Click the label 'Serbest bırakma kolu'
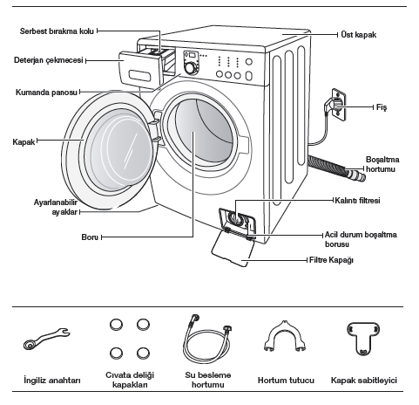click(57, 31)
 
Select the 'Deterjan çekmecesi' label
click(49, 60)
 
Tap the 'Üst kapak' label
click(359, 35)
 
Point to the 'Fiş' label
click(382, 107)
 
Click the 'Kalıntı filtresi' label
click(357, 201)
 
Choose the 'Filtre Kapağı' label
click(331, 260)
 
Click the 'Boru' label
click(90, 237)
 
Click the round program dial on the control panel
click(190, 68)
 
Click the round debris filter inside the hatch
click(234, 218)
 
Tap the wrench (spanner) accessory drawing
click(46, 339)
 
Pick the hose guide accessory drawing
click(285, 337)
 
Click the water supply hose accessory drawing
click(207, 339)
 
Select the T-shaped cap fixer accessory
click(363, 338)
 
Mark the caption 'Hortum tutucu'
click(286, 381)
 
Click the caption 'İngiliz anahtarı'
click(52, 380)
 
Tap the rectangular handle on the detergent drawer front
click(139, 76)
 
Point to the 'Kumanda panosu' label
click(46, 93)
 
